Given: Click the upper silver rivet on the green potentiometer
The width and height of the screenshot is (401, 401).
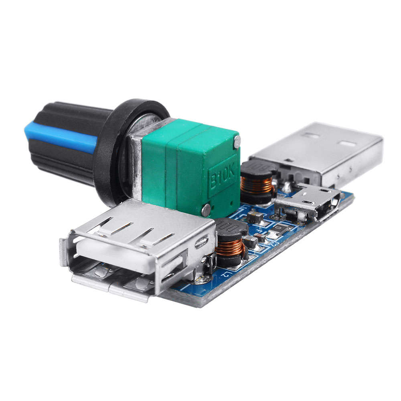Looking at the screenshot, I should pyautogui.click(x=237, y=141).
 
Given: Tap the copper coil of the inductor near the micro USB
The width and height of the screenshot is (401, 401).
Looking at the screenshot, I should pyautogui.click(x=257, y=185).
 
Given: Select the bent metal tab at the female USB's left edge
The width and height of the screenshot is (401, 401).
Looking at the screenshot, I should pyautogui.click(x=64, y=253).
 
